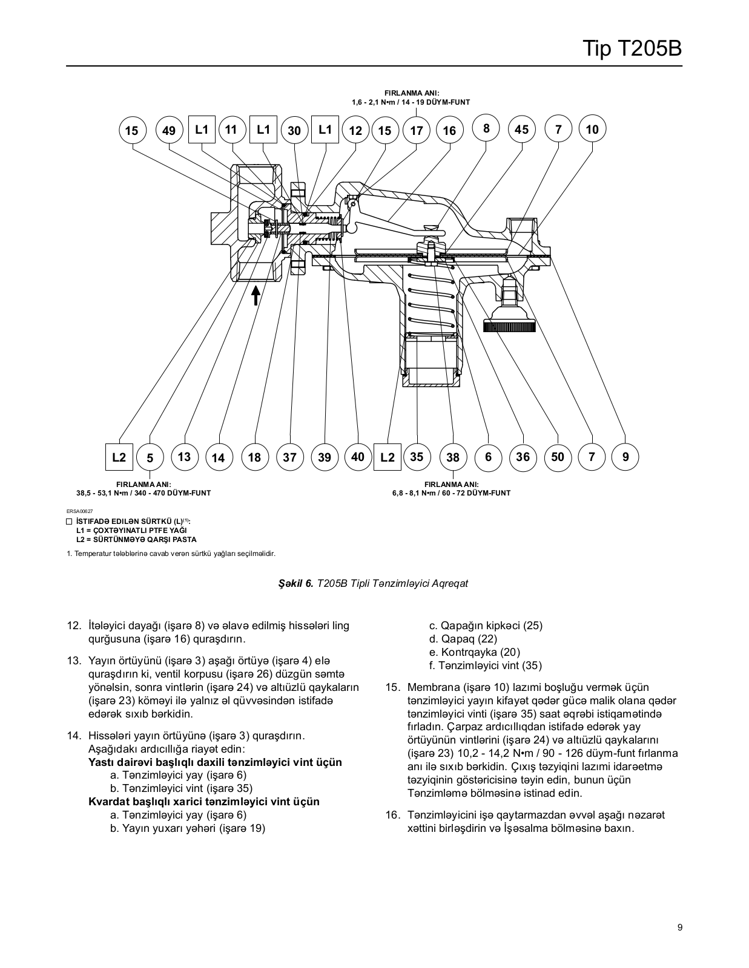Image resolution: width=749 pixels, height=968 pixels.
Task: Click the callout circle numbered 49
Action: tap(170, 130)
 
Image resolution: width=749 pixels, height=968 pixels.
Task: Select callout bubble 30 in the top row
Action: tap(294, 130)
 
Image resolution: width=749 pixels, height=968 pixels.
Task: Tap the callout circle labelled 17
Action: tap(417, 130)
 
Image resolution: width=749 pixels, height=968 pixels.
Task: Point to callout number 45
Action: tap(521, 129)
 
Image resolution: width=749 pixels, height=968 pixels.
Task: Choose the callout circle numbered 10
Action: tap(592, 129)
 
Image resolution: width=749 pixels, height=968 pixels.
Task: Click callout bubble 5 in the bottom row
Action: tap(150, 457)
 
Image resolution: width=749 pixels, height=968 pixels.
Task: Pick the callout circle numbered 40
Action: tap(358, 457)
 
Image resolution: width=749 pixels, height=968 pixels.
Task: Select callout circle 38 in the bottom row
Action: tap(453, 457)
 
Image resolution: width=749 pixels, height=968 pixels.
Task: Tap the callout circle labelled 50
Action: tap(558, 457)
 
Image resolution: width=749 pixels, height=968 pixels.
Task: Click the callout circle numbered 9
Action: tap(625, 457)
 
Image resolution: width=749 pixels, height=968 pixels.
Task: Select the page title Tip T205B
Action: tap(633, 48)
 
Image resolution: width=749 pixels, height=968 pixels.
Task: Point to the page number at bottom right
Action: tap(680, 927)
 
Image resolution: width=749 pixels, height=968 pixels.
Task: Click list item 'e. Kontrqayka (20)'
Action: tap(475, 652)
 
